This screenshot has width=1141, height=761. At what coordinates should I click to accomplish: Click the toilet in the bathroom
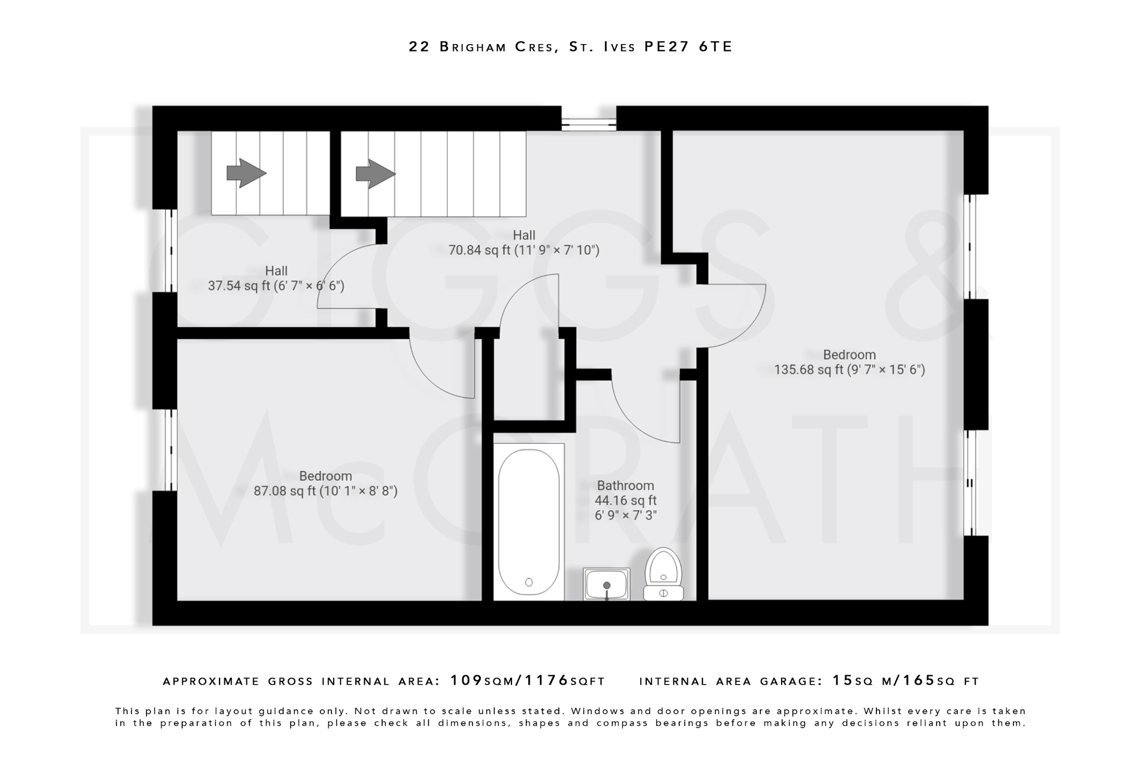(664, 574)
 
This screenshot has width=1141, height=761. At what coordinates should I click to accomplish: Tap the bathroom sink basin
(607, 584)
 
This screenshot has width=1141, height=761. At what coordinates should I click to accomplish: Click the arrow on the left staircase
(246, 173)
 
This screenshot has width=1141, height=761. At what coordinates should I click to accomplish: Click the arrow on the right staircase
(376, 173)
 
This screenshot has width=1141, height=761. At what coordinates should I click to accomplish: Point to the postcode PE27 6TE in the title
(688, 47)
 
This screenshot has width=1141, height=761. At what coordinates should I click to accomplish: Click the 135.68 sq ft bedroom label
(849, 362)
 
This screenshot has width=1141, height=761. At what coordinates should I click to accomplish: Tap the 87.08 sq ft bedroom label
(325, 484)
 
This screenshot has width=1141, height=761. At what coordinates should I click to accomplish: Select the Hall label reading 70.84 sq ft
(524, 243)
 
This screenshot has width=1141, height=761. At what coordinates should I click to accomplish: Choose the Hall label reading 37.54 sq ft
(276, 279)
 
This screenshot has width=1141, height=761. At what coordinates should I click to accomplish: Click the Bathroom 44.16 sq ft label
(625, 500)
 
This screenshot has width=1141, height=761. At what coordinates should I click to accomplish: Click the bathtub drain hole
(529, 582)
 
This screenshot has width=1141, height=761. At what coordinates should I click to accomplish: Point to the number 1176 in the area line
(547, 681)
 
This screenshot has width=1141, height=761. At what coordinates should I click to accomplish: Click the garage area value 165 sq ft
(919, 681)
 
